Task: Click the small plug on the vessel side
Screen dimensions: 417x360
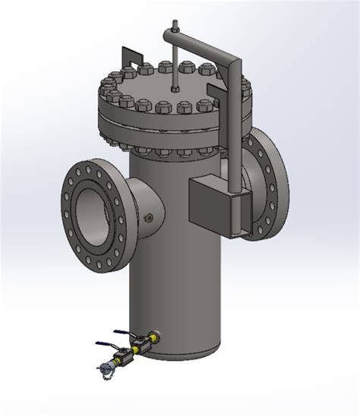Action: click(x=149, y=219)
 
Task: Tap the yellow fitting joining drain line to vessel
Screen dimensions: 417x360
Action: click(x=151, y=338)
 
